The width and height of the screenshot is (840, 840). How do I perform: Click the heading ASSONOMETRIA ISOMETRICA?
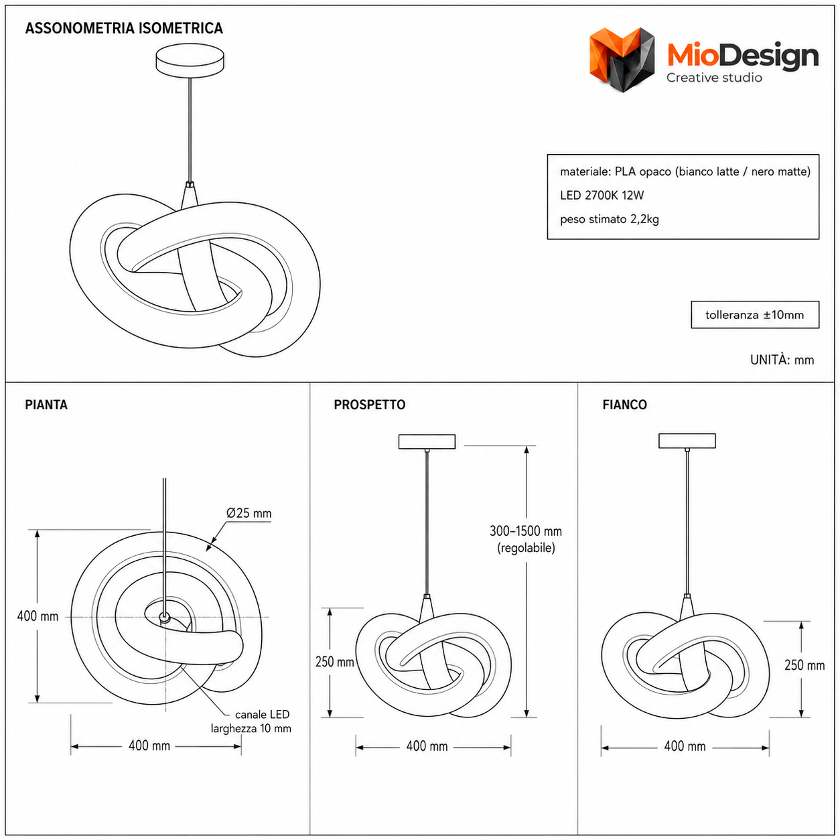tap(124, 28)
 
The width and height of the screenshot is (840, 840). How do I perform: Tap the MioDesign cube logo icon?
tap(622, 60)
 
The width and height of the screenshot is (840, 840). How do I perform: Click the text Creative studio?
tap(714, 78)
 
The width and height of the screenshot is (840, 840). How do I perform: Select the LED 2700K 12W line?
tap(602, 196)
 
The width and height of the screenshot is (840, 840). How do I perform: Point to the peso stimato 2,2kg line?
tap(609, 219)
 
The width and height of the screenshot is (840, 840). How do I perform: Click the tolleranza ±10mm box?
tap(754, 315)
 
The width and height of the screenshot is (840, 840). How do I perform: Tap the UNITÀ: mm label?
tap(782, 360)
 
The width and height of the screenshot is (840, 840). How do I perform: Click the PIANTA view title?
tap(46, 405)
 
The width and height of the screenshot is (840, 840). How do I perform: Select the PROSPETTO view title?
tap(369, 405)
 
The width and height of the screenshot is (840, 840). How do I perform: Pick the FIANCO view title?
tap(624, 405)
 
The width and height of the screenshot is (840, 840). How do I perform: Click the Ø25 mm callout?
tap(249, 513)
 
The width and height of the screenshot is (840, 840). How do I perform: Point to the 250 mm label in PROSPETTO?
tap(334, 662)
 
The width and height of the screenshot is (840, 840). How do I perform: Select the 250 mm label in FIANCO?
tap(804, 665)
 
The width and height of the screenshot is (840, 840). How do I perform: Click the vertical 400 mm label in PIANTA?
tap(38, 616)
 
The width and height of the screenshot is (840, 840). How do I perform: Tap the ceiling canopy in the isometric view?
tap(190, 60)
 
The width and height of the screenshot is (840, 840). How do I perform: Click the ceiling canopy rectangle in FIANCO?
tap(687, 441)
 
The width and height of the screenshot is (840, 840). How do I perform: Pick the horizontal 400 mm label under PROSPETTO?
tap(427, 746)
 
